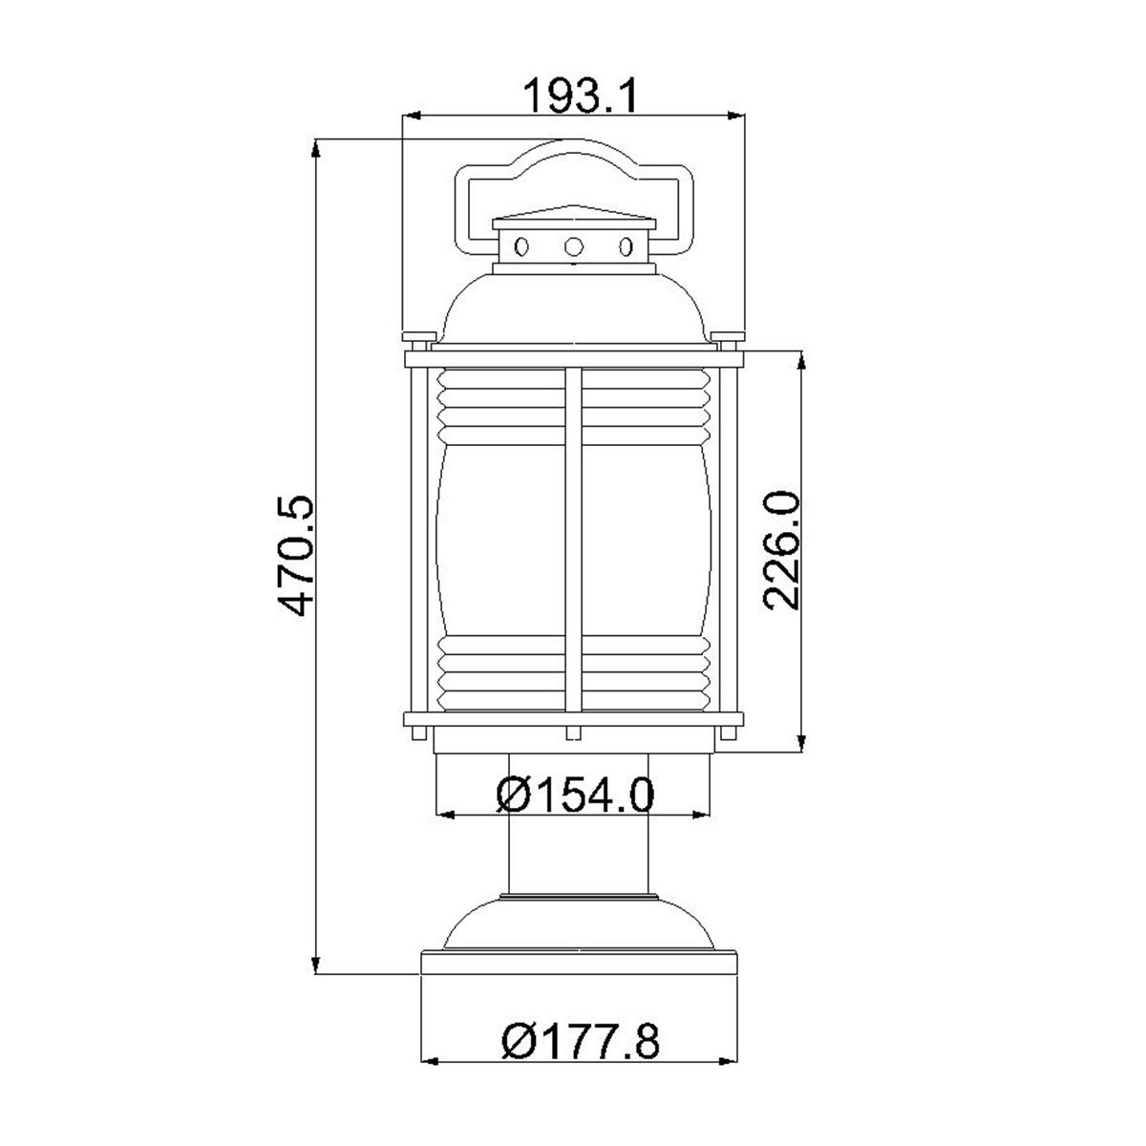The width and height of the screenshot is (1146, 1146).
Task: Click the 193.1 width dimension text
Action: (x=573, y=95)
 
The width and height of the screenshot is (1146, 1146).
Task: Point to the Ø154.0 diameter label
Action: (x=575, y=794)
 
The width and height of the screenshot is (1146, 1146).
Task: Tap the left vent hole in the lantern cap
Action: (x=520, y=247)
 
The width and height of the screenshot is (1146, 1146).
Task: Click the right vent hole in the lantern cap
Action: (x=626, y=247)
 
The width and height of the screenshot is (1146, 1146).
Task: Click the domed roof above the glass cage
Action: (x=573, y=306)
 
